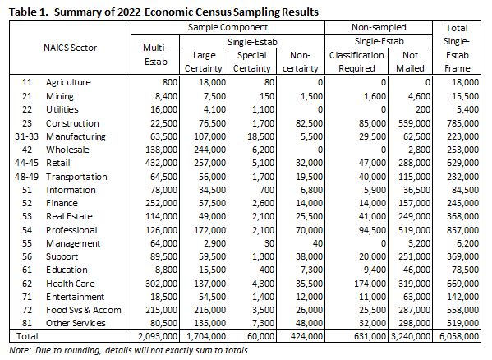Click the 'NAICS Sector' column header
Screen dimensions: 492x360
pos(71,48)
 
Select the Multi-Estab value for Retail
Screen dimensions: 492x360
pos(161,163)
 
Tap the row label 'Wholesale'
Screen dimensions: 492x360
pos(67,150)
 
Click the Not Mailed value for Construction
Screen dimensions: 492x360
pos(414,123)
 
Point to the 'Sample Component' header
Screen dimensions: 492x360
pos(228,27)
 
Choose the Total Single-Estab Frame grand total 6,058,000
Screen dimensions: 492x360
pos(459,336)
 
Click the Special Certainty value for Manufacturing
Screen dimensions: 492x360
pos(264,136)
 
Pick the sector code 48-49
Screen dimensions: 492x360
pos(26,177)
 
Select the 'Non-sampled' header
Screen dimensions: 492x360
pos(379,27)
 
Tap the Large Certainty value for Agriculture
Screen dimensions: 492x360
pos(212,82)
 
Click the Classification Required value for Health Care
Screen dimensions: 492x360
pos(370,284)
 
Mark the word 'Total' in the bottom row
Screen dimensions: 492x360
pos(27,336)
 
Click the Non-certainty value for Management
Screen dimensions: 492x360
pos(316,243)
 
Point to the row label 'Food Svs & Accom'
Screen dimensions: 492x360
pos(84,310)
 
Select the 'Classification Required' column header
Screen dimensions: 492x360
pos(356,62)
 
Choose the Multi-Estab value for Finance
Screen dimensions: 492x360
pos(161,203)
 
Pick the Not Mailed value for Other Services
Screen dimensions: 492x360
pos(414,323)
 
